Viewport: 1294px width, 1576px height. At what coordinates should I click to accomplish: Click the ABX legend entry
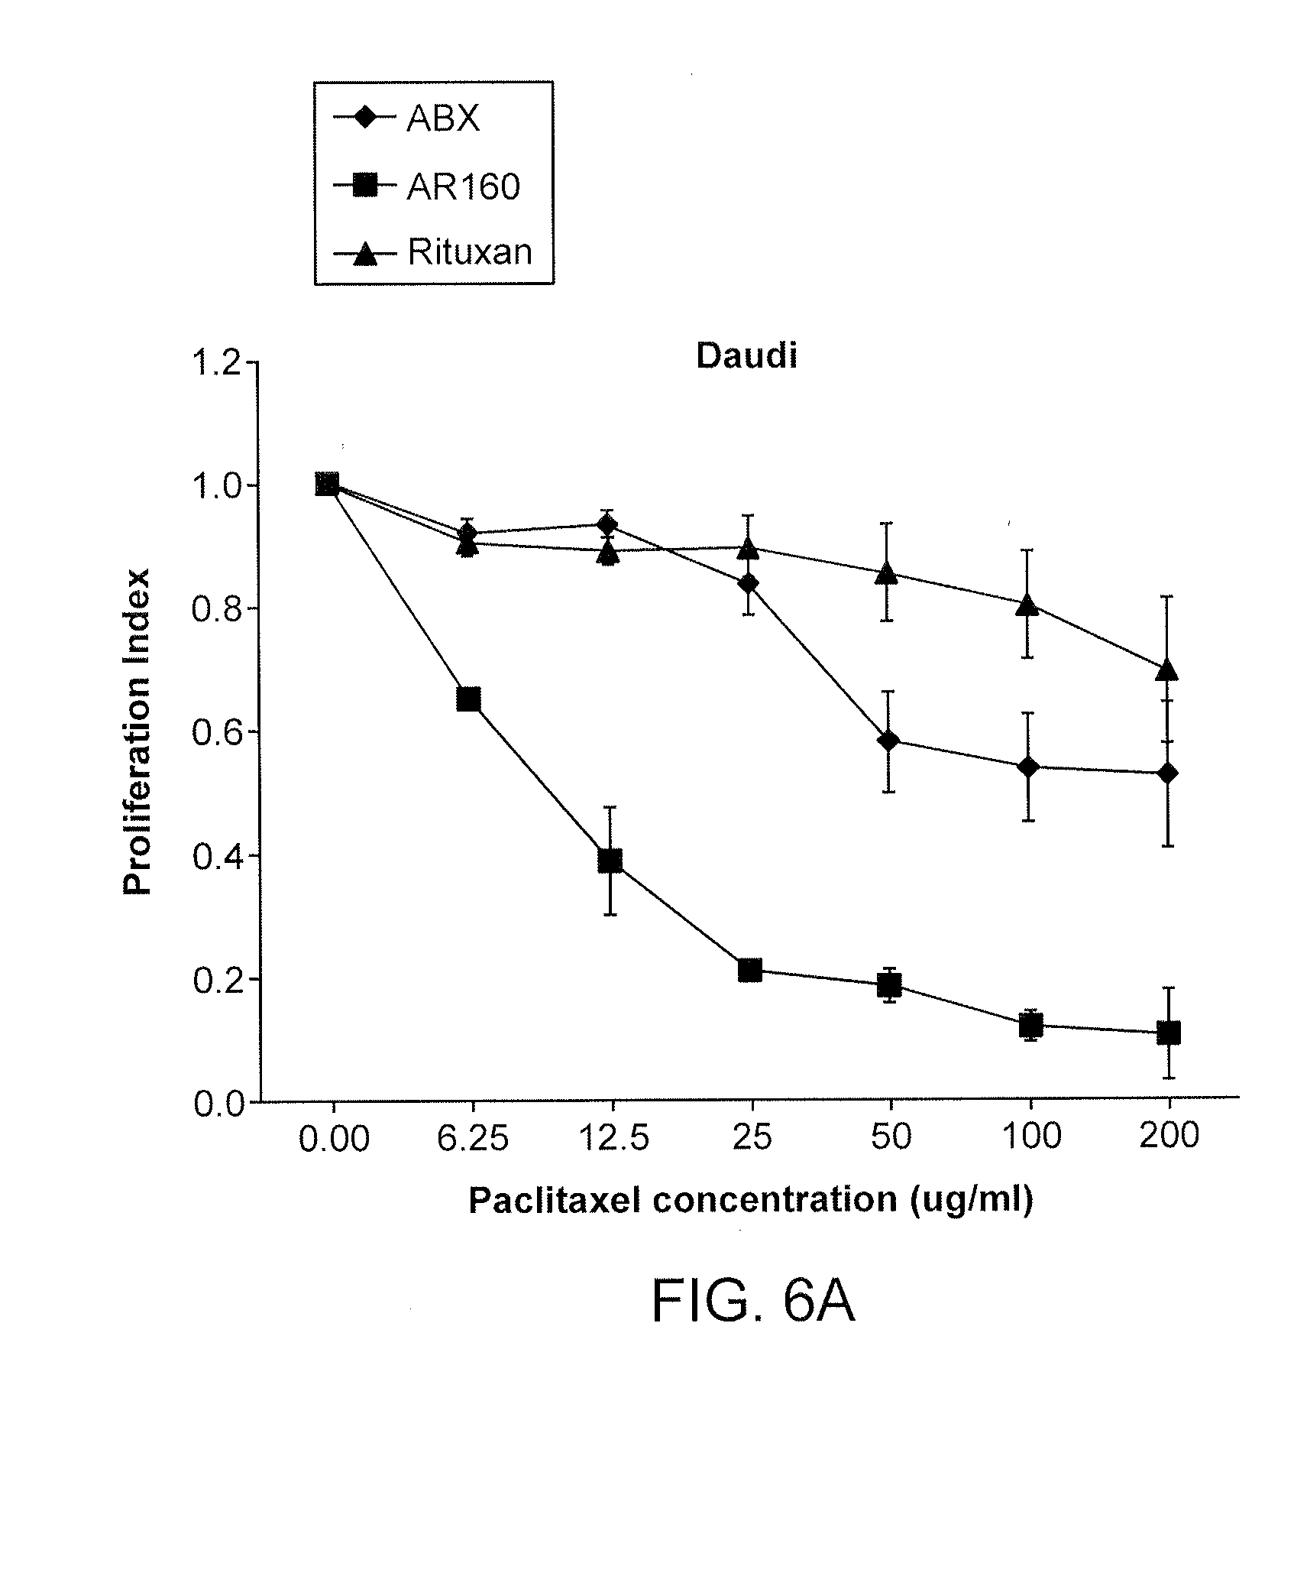pos(442,119)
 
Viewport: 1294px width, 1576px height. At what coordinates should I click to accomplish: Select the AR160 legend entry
pos(462,186)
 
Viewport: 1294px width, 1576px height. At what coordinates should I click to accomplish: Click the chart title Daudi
pos(746,357)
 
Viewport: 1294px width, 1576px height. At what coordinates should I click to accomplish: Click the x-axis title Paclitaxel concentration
pos(750,1199)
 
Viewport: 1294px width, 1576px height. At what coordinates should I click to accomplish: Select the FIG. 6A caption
pos(752,1302)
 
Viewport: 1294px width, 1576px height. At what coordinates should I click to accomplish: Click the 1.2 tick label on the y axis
pos(215,363)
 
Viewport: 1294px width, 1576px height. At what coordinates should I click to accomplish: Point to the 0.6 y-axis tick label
pos(215,733)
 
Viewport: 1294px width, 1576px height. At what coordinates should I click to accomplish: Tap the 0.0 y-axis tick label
pos(215,1104)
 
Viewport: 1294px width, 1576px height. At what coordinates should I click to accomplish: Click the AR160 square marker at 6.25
pos(468,699)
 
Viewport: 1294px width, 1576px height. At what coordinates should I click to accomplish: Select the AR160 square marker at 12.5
pos(610,861)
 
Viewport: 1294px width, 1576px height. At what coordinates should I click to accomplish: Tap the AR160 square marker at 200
pos(1169,1033)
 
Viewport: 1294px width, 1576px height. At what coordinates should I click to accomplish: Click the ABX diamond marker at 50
pos(888,741)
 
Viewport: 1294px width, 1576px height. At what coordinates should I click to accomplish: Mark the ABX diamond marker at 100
pos(1029,767)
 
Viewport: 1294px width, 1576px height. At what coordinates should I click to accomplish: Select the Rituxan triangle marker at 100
pos(1029,606)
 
